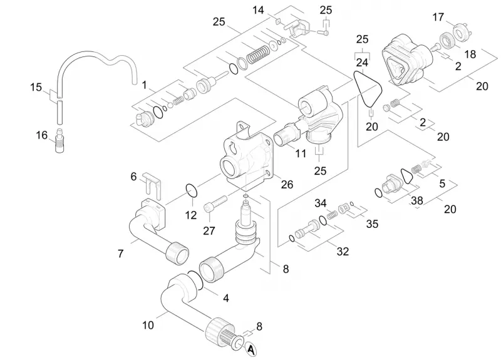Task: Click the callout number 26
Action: click(x=287, y=184)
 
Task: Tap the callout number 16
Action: click(x=41, y=135)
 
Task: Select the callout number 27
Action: click(x=209, y=230)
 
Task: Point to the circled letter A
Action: click(x=251, y=350)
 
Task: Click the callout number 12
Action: click(x=191, y=215)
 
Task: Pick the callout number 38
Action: click(x=417, y=200)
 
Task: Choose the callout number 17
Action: click(x=438, y=17)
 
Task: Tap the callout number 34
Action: click(x=321, y=203)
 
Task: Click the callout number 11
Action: click(x=301, y=153)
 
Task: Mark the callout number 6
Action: click(x=133, y=177)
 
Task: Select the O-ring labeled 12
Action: click(x=192, y=191)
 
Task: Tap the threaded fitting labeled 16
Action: click(x=59, y=141)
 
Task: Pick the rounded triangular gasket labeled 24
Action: click(x=368, y=90)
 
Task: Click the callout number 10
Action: click(x=148, y=325)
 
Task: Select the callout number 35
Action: click(x=372, y=224)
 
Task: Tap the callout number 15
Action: click(x=36, y=87)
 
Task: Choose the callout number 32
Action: click(x=343, y=252)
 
